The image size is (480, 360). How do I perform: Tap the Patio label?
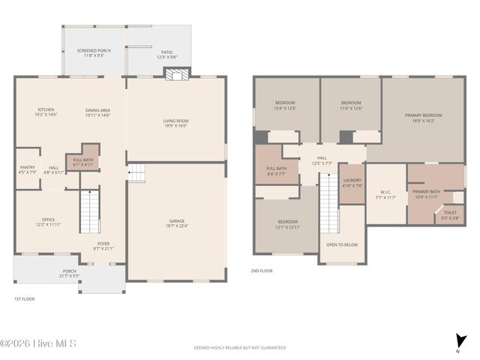(x=166, y=53)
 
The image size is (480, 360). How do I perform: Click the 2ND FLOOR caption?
(x=262, y=271)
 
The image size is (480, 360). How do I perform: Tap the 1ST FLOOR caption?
(x=23, y=299)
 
